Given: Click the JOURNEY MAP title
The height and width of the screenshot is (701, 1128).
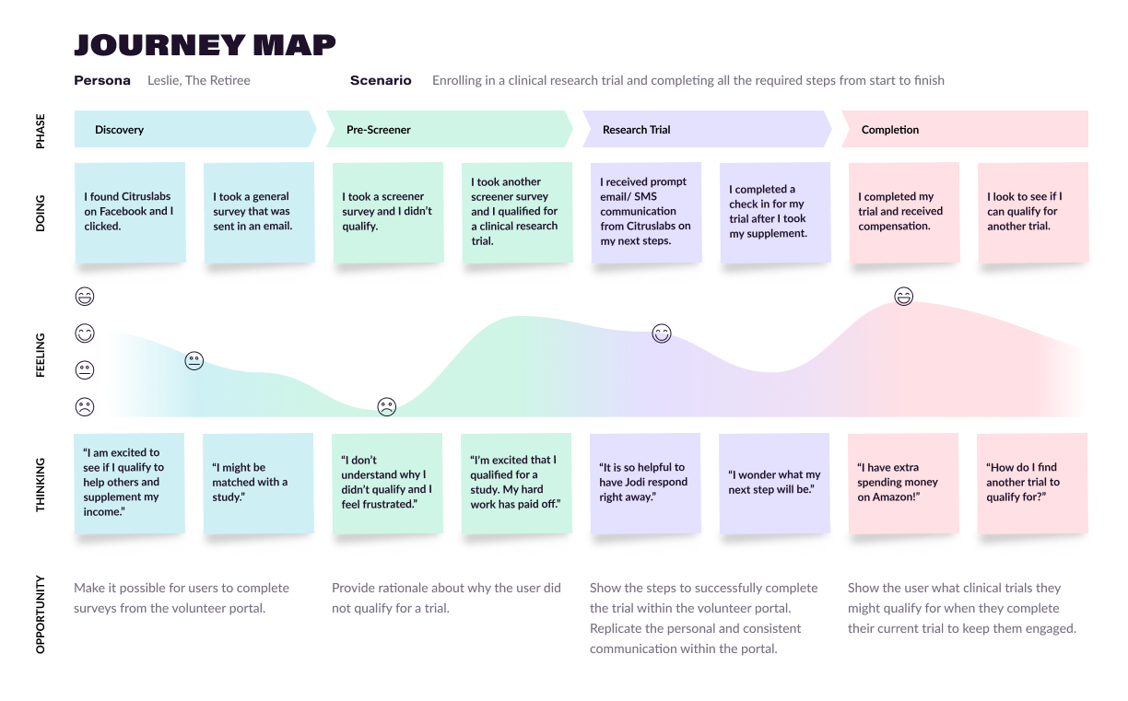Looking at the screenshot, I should click(x=205, y=44).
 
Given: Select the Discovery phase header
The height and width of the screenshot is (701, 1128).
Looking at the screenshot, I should click(x=120, y=130).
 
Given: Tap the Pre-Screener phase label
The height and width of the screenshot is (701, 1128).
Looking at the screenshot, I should click(x=378, y=130).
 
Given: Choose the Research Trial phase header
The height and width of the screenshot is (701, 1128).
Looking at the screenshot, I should click(x=636, y=130).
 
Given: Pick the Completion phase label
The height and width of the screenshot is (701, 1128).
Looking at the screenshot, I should click(x=889, y=130).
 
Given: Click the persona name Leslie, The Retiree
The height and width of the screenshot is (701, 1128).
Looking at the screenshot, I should click(x=199, y=80).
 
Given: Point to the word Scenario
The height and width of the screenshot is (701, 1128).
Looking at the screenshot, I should click(x=381, y=80).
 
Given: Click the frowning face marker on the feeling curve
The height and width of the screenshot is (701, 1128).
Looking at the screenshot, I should click(x=387, y=406).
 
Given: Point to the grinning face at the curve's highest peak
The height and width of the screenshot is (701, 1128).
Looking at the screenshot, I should click(x=904, y=297).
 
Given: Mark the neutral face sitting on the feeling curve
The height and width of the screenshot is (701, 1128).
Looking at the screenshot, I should click(x=194, y=361).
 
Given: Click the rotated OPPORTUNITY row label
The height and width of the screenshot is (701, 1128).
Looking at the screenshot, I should click(x=41, y=614).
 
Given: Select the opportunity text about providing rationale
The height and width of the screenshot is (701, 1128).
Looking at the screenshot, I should click(x=446, y=598).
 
